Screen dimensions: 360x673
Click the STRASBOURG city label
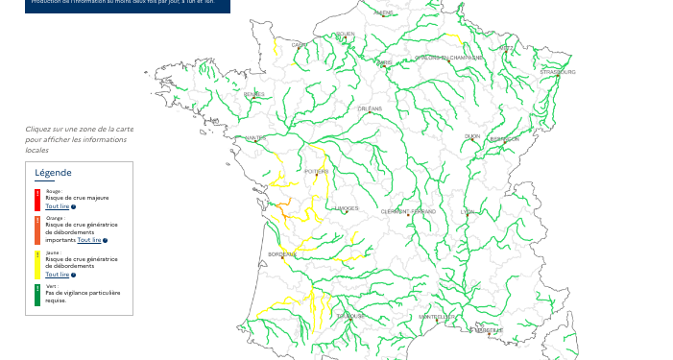558,72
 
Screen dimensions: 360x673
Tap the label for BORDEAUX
282,254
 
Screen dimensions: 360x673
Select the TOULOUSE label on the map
350,316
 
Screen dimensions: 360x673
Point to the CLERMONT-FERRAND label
408,211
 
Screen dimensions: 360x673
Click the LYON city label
468,211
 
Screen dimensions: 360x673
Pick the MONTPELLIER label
437,317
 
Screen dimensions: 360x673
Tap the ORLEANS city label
370,108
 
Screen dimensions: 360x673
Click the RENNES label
254,94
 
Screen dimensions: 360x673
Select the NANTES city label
255,138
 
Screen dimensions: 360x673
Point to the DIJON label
471,136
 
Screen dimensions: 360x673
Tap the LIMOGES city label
347,208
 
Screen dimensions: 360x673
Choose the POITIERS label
316,172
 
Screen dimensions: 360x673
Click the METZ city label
506,48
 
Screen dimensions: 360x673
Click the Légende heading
53,173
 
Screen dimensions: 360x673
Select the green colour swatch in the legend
37,295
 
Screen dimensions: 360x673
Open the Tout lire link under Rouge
57,206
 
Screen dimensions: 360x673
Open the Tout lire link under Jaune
57,275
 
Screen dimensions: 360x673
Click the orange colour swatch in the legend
37,230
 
